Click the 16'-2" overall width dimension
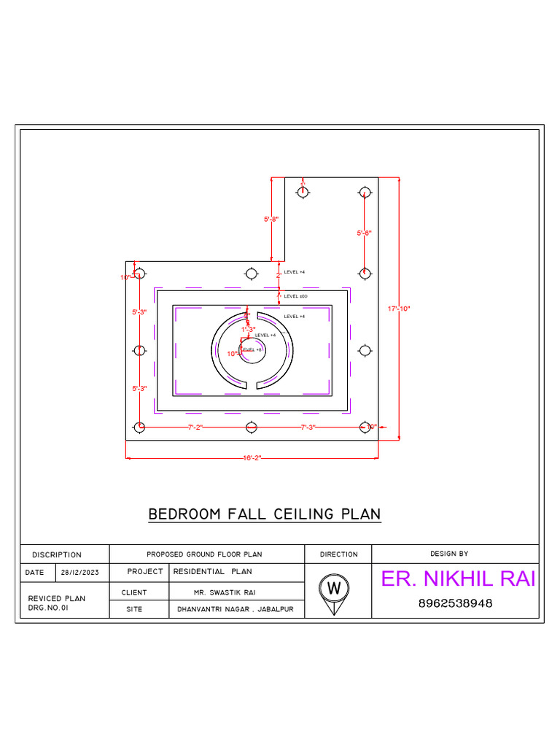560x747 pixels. [252, 457]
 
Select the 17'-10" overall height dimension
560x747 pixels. [399, 309]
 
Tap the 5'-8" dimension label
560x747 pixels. [271, 219]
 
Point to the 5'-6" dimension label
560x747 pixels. [365, 233]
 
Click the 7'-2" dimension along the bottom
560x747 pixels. [195, 427]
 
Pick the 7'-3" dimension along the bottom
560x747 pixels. [308, 427]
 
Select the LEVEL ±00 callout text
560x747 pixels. [295, 296]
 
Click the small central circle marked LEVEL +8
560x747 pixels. [252, 349]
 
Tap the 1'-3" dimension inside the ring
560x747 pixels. [249, 329]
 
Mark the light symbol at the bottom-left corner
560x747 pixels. [139, 427]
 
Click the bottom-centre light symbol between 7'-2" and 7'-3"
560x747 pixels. [251, 427]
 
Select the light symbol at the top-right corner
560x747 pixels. [365, 192]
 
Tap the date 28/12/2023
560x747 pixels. [79, 573]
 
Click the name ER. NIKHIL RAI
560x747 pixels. [458, 579]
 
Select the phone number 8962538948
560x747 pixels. [455, 604]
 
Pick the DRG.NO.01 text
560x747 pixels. [48, 607]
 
